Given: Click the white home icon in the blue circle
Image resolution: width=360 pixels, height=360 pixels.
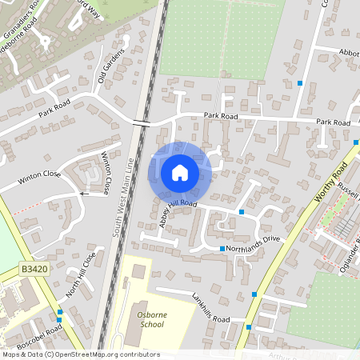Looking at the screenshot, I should [180, 172].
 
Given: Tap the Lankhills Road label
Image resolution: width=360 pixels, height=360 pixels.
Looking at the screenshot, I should [210, 308].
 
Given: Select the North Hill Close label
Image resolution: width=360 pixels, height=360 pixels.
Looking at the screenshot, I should [81, 274].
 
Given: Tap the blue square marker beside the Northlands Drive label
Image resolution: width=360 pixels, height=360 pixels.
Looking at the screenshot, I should [222, 249].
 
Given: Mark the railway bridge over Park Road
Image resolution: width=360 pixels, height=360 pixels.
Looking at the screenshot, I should [142, 122].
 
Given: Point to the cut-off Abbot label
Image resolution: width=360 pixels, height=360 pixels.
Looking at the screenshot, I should [349, 52].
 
